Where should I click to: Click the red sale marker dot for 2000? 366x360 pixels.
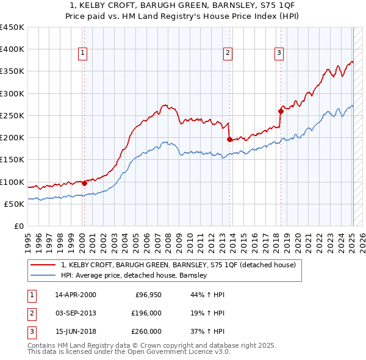point(84,183)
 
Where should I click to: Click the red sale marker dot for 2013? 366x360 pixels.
point(229,139)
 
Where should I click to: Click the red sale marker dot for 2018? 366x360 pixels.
point(281,111)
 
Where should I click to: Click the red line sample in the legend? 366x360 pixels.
point(43,265)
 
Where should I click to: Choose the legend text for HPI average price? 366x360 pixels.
point(134,275)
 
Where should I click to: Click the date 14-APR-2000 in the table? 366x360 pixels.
point(75,295)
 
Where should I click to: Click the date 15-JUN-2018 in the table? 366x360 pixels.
point(75,331)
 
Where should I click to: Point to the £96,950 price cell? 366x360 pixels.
point(146,295)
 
